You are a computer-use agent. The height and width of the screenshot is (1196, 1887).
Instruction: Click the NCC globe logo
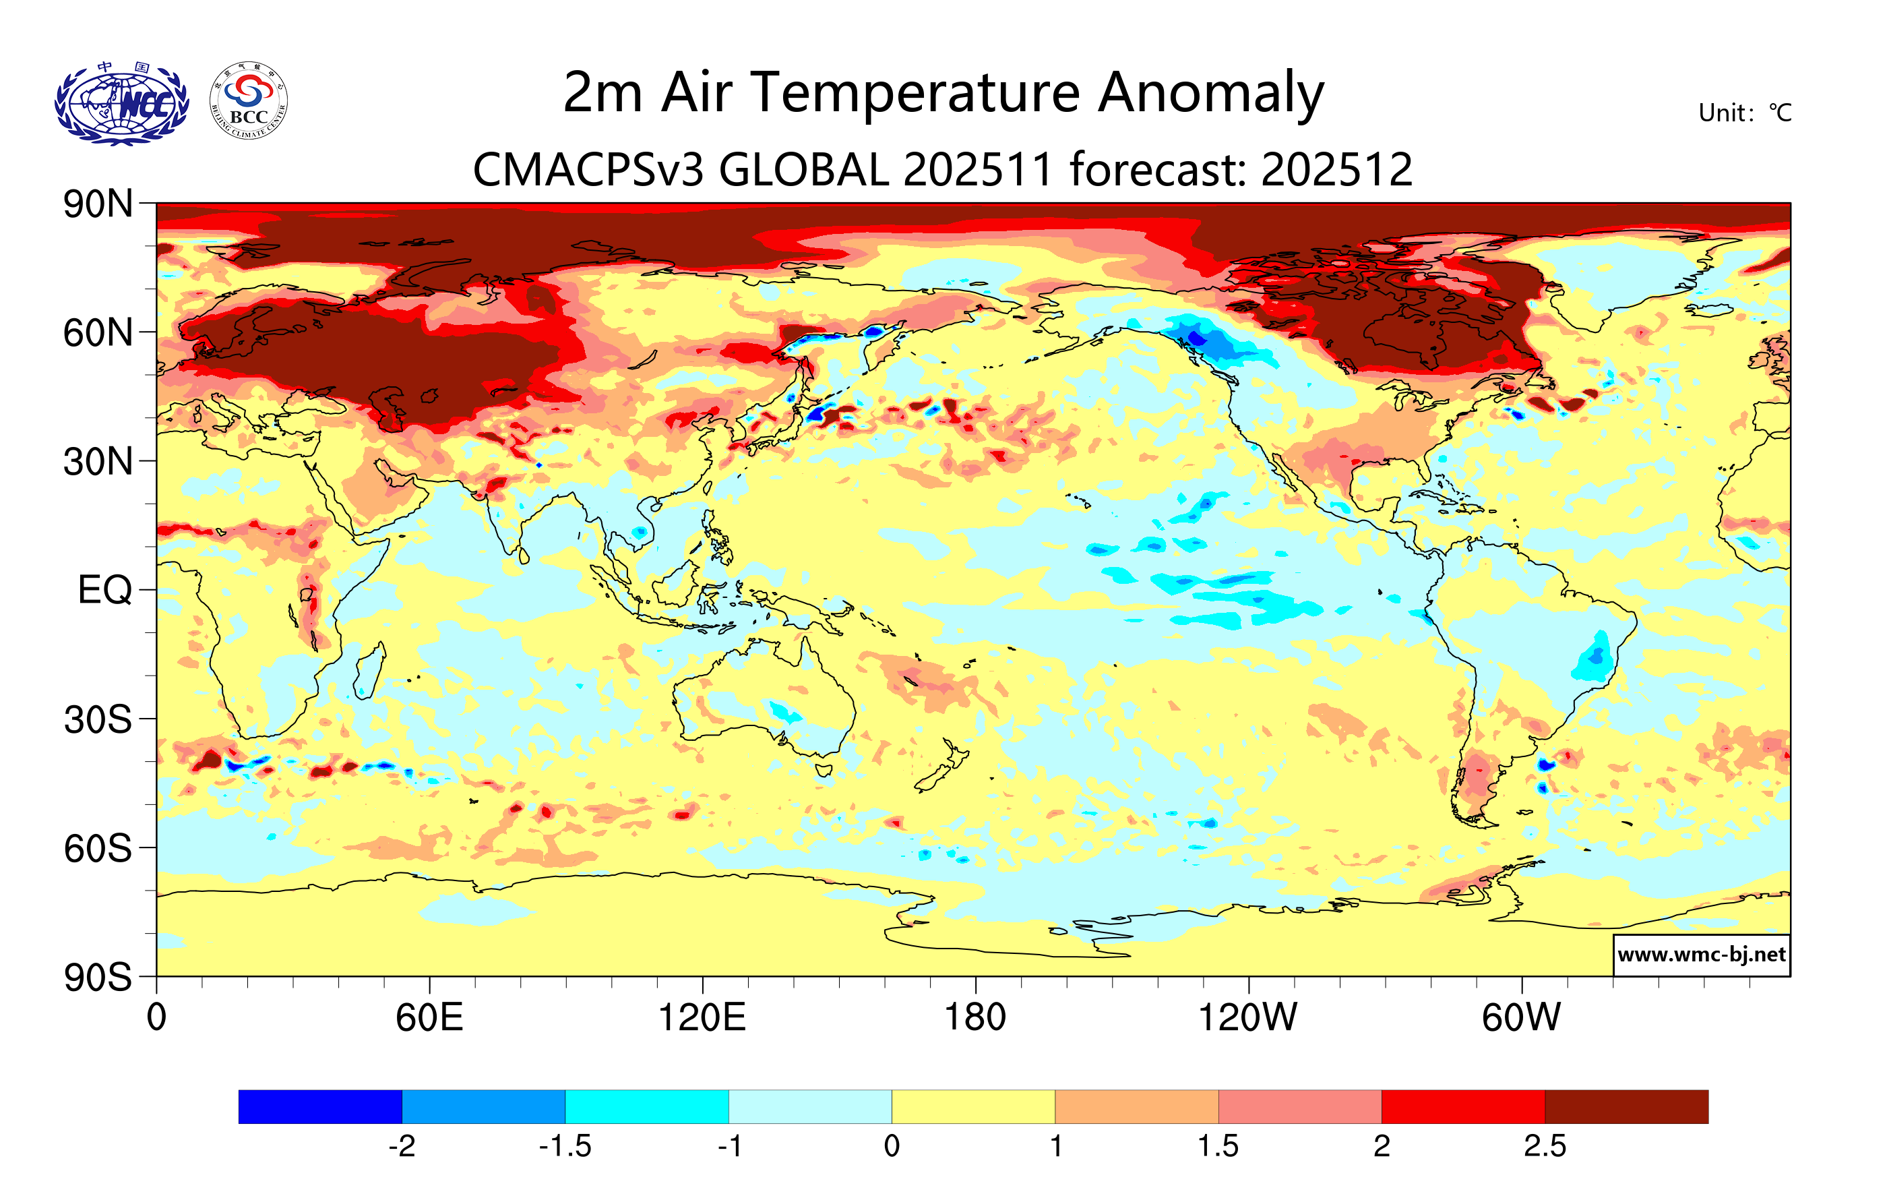tap(121, 103)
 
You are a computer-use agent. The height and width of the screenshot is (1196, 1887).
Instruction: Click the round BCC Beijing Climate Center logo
tap(249, 101)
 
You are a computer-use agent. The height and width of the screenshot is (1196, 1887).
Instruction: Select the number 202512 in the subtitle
tap(1337, 169)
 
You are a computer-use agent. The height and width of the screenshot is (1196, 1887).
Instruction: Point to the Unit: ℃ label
tap(1744, 113)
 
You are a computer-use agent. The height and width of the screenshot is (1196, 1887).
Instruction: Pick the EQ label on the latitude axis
tap(104, 590)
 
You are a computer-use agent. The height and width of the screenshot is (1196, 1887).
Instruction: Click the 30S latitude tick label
tap(98, 719)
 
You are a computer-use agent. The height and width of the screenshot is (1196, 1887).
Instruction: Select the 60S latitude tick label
tap(98, 848)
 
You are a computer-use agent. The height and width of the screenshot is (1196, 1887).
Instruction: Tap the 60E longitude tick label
tap(429, 1017)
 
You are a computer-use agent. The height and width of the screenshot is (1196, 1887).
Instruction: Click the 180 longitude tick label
tap(975, 1017)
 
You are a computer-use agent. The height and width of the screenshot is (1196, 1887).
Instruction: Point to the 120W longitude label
tap(1247, 1017)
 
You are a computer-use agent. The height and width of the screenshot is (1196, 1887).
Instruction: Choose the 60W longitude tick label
tap(1521, 1017)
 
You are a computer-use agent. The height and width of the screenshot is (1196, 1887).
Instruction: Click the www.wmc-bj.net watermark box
tap(1701, 955)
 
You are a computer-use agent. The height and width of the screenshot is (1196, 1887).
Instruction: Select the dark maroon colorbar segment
tap(1626, 1106)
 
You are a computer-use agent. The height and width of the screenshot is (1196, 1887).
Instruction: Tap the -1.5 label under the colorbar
tap(565, 1146)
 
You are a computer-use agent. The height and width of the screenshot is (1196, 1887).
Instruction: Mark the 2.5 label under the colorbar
tap(1545, 1146)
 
